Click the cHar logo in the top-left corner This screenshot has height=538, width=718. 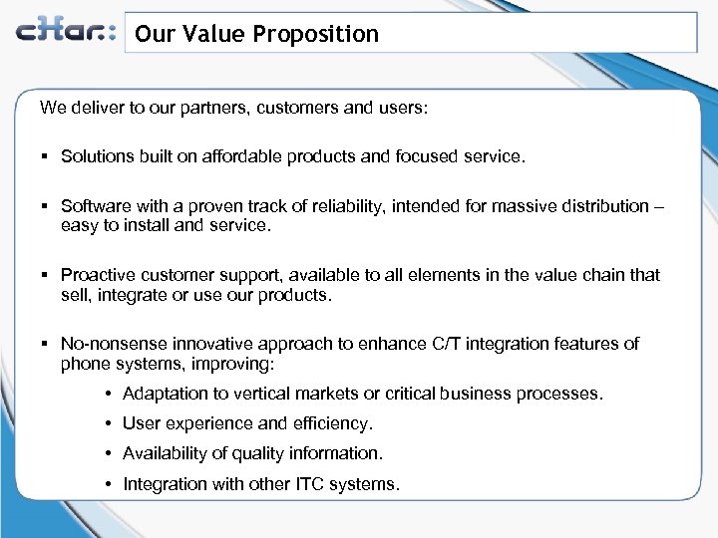click(66, 32)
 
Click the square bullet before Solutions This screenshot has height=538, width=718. click(46, 156)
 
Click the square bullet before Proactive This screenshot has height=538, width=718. click(46, 275)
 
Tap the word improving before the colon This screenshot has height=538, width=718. click(228, 365)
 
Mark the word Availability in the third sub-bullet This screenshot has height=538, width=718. click(165, 453)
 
